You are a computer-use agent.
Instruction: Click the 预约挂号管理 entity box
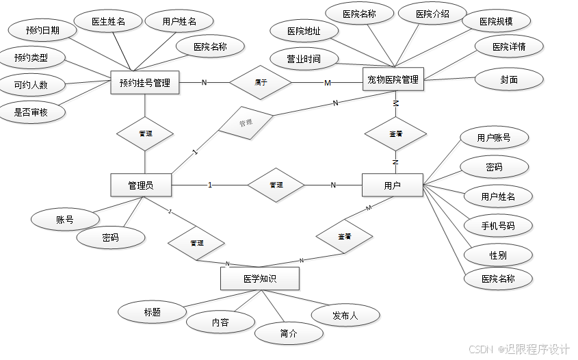point(144,83)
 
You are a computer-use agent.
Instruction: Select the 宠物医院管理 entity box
point(393,79)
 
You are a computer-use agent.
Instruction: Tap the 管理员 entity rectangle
point(140,185)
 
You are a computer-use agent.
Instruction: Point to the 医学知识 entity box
point(259,279)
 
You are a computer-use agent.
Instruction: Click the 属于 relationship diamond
point(261,83)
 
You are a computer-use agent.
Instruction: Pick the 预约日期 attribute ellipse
point(42,30)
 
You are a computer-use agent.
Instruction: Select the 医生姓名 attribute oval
point(108,21)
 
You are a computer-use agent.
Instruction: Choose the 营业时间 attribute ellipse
point(304,58)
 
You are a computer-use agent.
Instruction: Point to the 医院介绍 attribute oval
point(432,13)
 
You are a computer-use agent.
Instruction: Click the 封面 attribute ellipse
point(509,79)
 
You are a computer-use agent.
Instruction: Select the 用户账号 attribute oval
point(493,138)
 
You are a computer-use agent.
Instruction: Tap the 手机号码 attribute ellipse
point(498,225)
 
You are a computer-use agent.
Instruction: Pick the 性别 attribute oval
point(498,255)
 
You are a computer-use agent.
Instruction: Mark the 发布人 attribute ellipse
point(345,315)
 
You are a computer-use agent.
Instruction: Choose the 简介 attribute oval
point(289,333)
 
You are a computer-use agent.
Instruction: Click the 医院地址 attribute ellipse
point(304,31)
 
